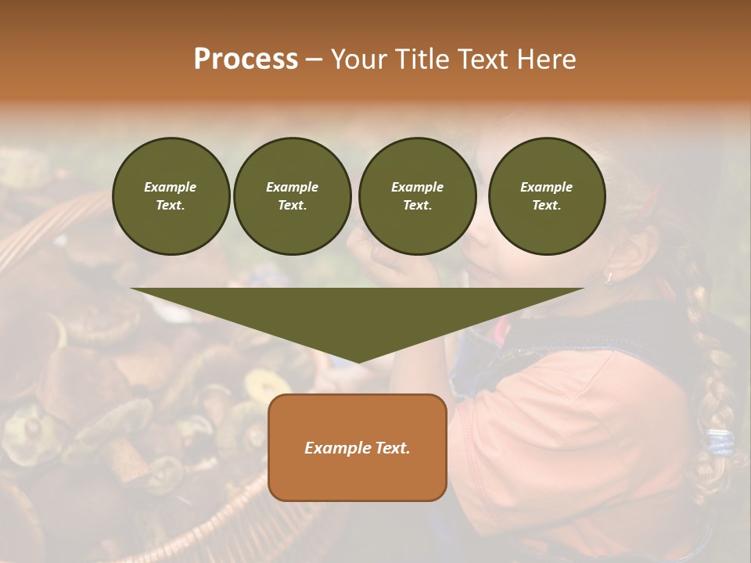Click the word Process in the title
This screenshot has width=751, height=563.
point(246,59)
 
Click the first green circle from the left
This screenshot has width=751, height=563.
point(171,196)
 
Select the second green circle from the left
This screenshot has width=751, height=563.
point(292,196)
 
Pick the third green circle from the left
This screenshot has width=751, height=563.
point(417,196)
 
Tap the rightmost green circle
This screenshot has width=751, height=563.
point(546,196)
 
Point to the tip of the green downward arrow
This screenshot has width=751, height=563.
point(358,360)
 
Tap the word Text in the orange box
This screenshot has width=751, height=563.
point(393,448)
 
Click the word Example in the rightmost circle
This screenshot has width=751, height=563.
point(546,187)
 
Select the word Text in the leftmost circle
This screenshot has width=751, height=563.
point(169,206)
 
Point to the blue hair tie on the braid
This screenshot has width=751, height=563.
point(720,443)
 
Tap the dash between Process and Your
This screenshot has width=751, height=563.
point(314,59)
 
